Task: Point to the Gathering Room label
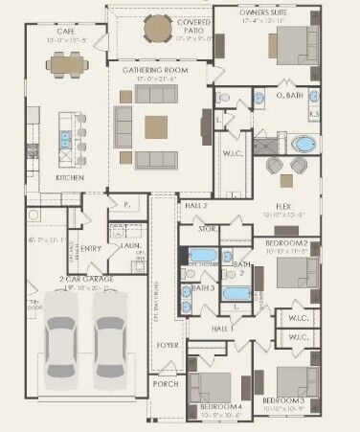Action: click(154, 71)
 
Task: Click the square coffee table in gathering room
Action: click(157, 126)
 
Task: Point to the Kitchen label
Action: click(70, 178)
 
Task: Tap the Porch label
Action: click(165, 383)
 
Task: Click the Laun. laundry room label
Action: click(122, 245)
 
